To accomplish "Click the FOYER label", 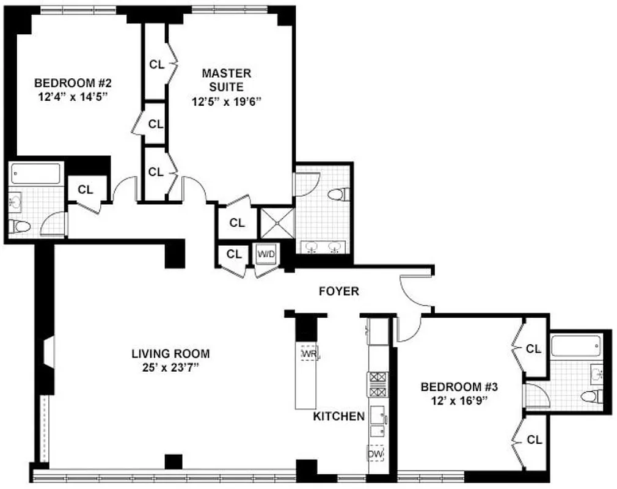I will [x=339, y=292].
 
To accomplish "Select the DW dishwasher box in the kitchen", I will [x=375, y=454].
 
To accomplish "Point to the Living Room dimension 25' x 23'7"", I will [x=170, y=367].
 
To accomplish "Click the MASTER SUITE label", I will [x=227, y=80].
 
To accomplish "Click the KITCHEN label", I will [x=338, y=416].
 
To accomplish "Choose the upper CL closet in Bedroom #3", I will [x=533, y=349].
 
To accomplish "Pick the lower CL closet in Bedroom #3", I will [x=533, y=439].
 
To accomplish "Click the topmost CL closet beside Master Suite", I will [x=156, y=64].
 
